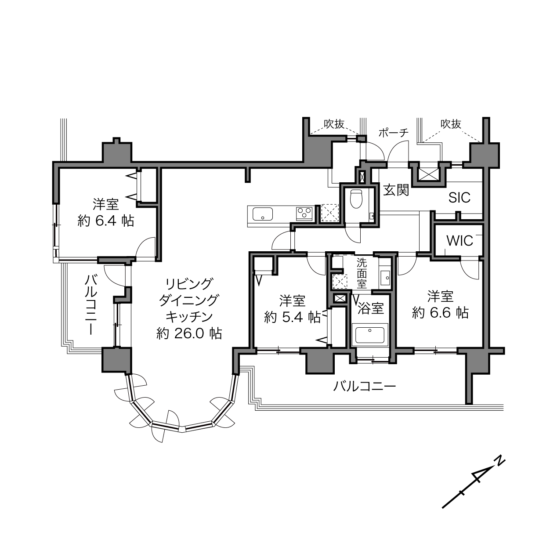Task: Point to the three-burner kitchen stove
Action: tap(304, 213)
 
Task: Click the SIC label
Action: tap(460, 198)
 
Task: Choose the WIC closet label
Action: tap(460, 240)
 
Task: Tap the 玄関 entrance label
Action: tap(396, 190)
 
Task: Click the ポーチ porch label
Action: tap(393, 133)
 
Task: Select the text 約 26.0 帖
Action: tap(189, 333)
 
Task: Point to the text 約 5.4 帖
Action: tap(292, 317)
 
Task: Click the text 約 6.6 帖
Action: tap(440, 313)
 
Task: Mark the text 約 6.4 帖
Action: tap(106, 221)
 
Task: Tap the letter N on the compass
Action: tap(499, 461)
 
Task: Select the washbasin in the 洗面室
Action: tap(385, 277)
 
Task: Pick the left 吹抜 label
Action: tap(334, 124)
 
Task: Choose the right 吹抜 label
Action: tap(451, 124)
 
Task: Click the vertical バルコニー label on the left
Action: tap(91, 304)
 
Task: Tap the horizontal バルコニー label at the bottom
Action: tap(365, 387)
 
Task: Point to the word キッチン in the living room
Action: tap(189, 317)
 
